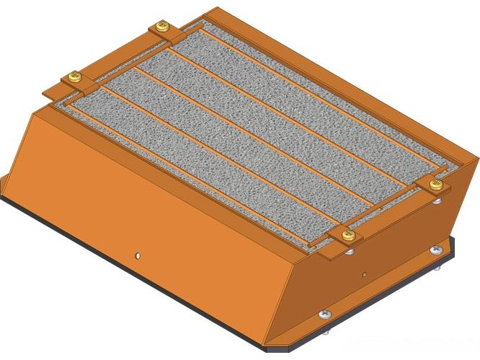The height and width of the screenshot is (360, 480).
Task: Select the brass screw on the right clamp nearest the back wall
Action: pos(435,185)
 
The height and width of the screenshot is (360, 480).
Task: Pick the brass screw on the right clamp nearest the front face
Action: pos(348,235)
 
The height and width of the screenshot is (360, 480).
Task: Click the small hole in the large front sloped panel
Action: pos(137,254)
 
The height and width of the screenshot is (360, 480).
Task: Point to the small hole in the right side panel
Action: pos(364,274)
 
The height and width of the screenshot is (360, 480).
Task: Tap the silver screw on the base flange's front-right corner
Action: pos(325,315)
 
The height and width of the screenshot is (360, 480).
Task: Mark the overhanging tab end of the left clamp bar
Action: pos(52,92)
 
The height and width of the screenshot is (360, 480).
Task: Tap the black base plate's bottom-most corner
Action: pos(270,351)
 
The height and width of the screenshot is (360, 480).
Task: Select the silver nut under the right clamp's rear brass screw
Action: pos(438,200)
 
